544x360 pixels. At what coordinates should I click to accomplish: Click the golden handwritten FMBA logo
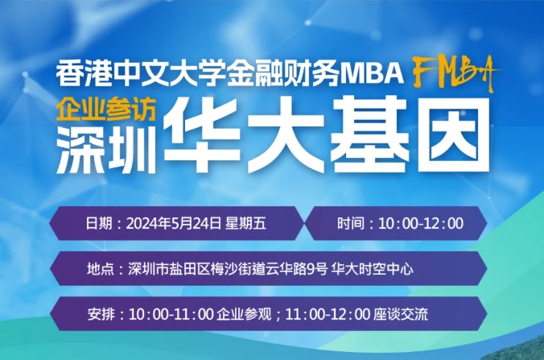pyautogui.click(x=455, y=72)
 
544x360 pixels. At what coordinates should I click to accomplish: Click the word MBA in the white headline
pyautogui.click(x=373, y=73)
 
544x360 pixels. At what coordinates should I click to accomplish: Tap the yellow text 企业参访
pyautogui.click(x=106, y=109)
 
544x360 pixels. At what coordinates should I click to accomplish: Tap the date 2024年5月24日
pyautogui.click(x=174, y=223)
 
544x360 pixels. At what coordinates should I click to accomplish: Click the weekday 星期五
pyautogui.click(x=245, y=223)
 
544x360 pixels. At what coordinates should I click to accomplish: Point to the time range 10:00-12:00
pyautogui.click(x=421, y=223)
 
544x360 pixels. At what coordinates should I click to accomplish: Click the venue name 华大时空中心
pyautogui.click(x=373, y=269)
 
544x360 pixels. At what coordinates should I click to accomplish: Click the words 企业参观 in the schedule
pyautogui.click(x=245, y=314)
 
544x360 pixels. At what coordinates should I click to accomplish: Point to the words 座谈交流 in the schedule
pyautogui.click(x=401, y=314)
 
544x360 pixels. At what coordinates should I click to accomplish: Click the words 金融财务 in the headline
pyautogui.click(x=283, y=73)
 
